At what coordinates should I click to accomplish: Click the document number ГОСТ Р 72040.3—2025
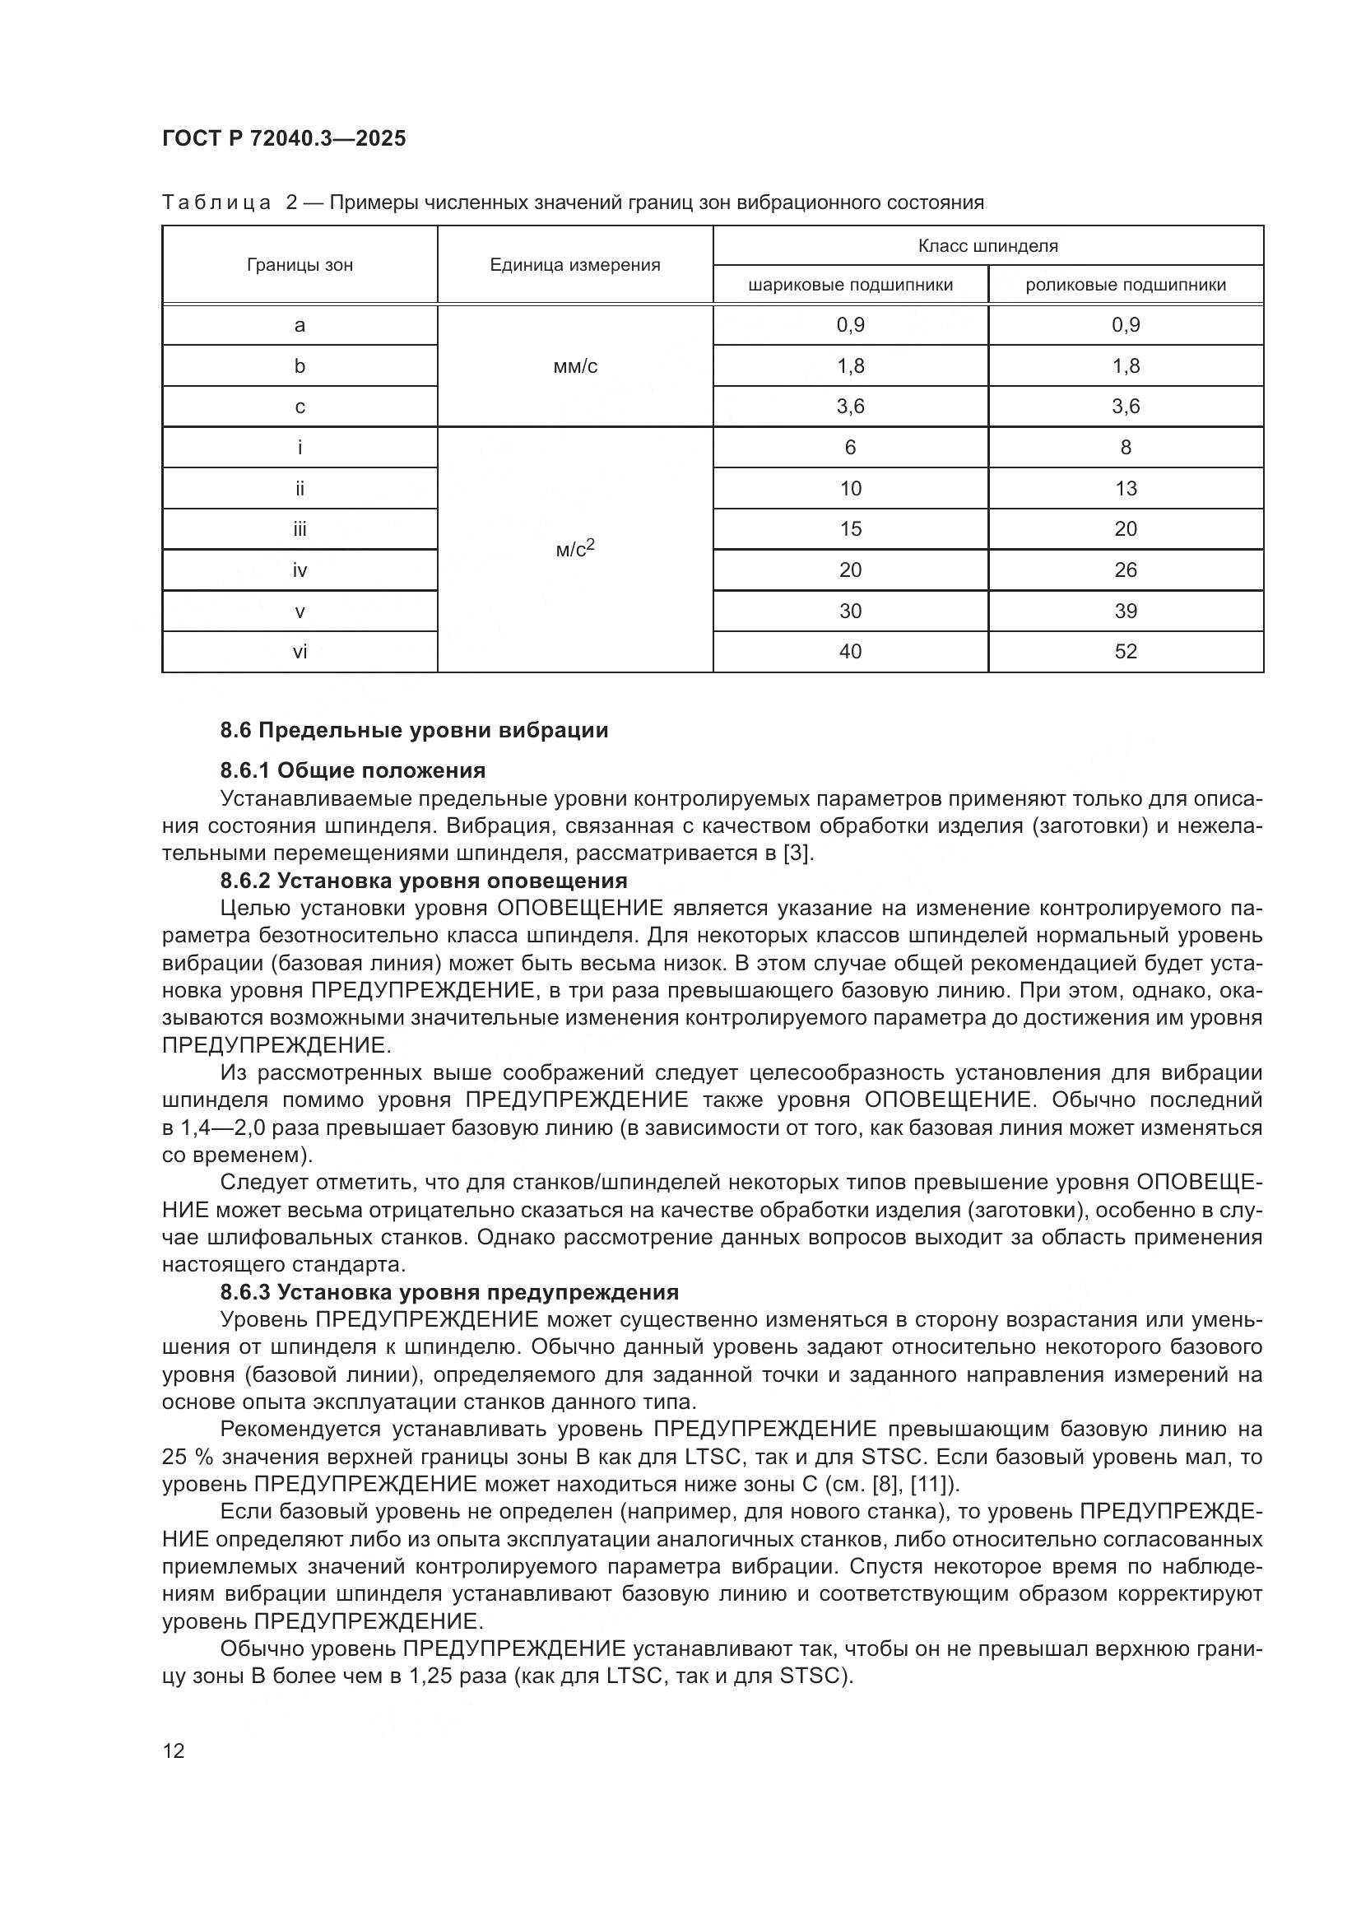click(283, 138)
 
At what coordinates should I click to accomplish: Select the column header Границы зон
click(300, 265)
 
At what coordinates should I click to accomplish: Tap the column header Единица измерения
click(575, 265)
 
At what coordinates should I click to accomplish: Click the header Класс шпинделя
click(987, 245)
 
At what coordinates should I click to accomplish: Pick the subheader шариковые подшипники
click(850, 285)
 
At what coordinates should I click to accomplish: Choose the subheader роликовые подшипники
click(1125, 285)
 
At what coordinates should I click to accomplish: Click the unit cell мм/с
click(576, 366)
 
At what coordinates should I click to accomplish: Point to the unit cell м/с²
click(576, 549)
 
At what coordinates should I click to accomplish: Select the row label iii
click(300, 529)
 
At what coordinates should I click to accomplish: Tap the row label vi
click(300, 652)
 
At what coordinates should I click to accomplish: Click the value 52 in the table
click(1125, 652)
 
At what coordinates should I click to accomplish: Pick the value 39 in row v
click(1125, 611)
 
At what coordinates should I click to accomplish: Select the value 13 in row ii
click(1125, 489)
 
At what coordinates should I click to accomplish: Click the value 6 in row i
click(850, 448)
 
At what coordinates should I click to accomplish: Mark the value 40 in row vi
click(850, 652)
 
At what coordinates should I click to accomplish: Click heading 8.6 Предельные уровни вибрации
click(414, 730)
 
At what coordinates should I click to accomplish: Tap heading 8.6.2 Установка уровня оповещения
click(423, 881)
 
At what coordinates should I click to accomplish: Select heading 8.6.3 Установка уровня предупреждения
click(449, 1292)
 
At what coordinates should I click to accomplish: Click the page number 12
click(174, 1751)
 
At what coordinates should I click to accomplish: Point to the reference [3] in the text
click(797, 853)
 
